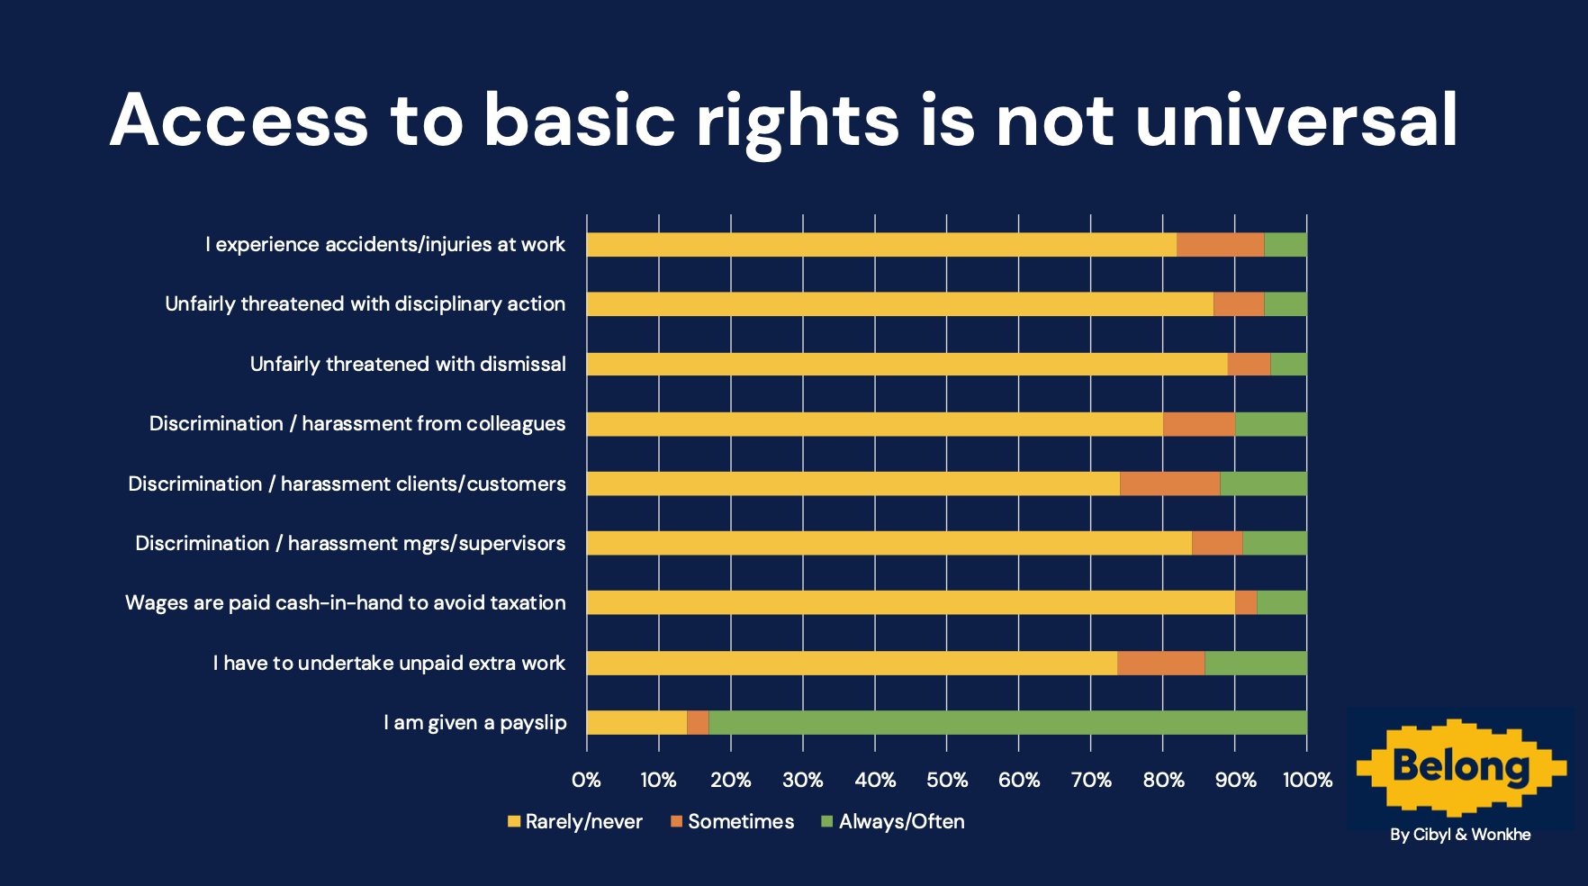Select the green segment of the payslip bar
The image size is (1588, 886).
1007,722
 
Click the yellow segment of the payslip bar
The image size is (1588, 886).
636,722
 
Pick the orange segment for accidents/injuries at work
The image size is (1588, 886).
1220,245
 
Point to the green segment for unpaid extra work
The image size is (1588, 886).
1255,663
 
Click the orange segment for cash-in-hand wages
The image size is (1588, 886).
1245,602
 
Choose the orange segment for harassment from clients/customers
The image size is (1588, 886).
1169,484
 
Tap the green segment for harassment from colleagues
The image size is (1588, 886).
1270,424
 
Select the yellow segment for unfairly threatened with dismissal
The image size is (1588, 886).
907,364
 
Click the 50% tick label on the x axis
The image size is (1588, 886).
947,780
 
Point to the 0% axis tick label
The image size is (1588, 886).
587,780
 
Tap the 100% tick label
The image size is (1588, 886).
1307,780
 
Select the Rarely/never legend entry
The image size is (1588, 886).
575,821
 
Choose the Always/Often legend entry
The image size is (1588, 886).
893,821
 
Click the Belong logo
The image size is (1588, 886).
1460,766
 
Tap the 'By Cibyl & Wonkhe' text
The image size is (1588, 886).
1460,835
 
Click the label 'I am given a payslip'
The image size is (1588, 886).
475,722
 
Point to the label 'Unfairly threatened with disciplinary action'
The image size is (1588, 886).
365,304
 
